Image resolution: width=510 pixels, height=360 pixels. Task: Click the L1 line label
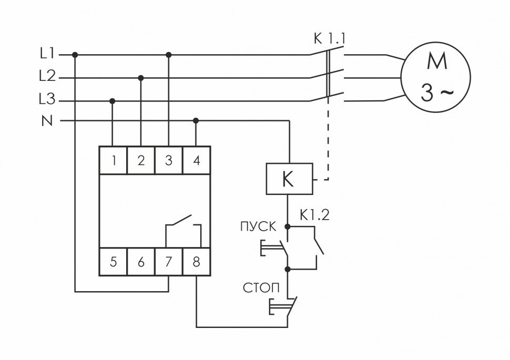[x=47, y=54]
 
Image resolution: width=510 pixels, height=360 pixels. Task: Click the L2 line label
[x=47, y=77]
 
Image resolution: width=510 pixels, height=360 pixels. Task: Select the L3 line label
[x=47, y=100]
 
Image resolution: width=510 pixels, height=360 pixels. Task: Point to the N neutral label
[x=47, y=121]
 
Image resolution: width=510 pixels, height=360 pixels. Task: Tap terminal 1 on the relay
[x=113, y=160]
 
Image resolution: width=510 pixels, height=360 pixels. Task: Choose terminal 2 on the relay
[x=141, y=160]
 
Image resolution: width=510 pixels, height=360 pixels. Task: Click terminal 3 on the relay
[x=168, y=160]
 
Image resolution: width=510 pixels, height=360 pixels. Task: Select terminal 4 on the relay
[x=196, y=160]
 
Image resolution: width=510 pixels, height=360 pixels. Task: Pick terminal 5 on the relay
[x=113, y=261]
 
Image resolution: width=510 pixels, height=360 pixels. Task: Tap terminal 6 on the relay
[x=141, y=261]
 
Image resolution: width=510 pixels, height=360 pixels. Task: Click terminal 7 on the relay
[x=168, y=261]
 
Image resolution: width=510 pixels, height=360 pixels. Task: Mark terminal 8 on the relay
[x=196, y=261]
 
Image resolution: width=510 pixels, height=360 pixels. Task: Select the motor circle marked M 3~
[x=436, y=78]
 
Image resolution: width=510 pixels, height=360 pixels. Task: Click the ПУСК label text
[x=258, y=227]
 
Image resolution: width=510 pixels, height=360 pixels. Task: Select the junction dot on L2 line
[x=140, y=78]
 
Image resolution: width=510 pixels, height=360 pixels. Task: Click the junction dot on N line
[x=196, y=120]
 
